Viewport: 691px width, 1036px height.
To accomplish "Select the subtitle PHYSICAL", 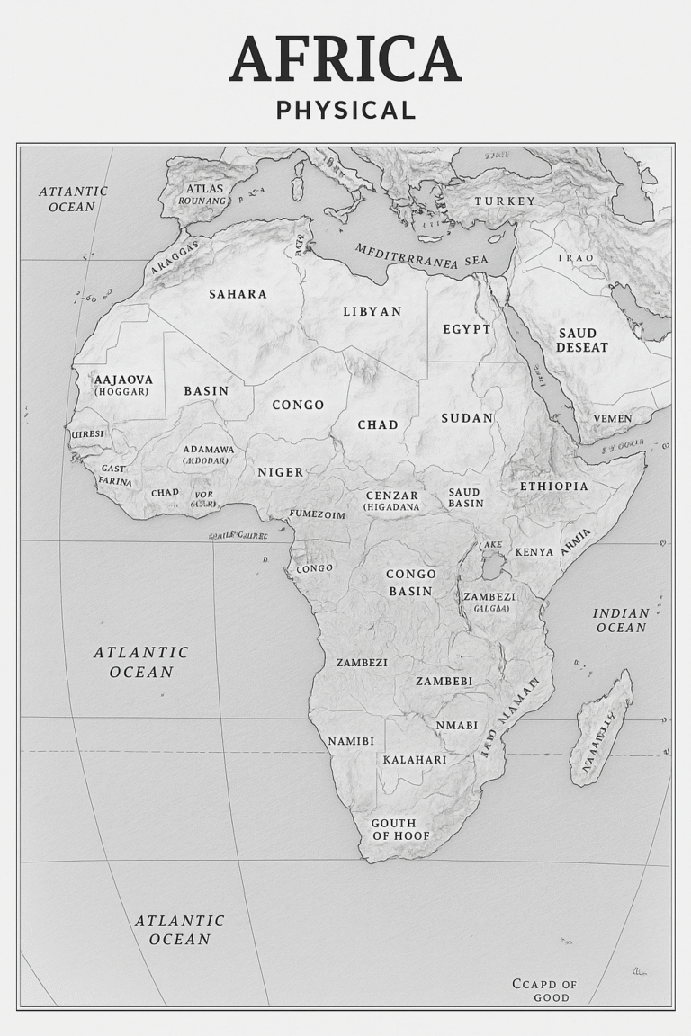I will pos(345,111).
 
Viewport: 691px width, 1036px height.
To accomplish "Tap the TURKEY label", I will pos(505,201).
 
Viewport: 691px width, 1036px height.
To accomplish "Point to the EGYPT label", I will pos(467,329).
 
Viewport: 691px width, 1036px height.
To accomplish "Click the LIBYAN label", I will pos(372,311).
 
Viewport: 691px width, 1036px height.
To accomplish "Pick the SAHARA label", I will pos(238,294).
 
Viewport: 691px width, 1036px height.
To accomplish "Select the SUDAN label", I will pos(467,418).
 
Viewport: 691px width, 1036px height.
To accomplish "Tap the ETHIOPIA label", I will pos(553,487).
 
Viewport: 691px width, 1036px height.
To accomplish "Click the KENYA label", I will pos(534,551).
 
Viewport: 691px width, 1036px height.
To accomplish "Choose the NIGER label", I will pos(281,472).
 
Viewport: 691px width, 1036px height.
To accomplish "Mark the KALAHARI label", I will pos(415,760).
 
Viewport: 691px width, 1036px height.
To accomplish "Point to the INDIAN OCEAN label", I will pos(621,621).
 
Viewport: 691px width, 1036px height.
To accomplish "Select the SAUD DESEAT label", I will pos(582,340).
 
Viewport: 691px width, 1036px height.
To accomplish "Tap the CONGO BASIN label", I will pos(410,583).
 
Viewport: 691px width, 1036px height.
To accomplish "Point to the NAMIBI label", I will pos(351,741).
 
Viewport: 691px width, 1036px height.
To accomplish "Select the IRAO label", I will pos(576,258).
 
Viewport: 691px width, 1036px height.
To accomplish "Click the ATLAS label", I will pos(203,189).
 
